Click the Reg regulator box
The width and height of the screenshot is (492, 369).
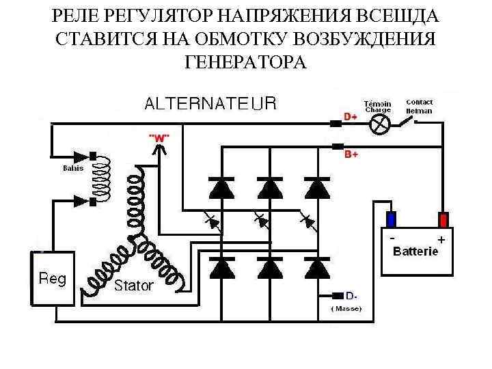tap(52, 278)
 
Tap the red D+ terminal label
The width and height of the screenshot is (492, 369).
tap(351, 117)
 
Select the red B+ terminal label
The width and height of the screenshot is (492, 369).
tap(351, 155)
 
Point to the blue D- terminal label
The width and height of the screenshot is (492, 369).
tap(351, 296)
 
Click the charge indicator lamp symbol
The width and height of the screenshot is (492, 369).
tap(381, 124)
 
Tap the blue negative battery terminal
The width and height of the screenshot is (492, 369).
tap(391, 219)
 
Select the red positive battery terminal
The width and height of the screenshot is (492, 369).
tap(443, 219)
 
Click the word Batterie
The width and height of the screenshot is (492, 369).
tap(416, 251)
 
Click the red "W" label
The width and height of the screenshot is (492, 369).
tap(159, 137)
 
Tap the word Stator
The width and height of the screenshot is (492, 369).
tap(133, 286)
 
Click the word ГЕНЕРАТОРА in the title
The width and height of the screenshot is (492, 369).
tap(245, 63)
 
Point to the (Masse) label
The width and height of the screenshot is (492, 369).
tap(346, 309)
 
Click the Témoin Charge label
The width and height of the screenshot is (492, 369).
tap(377, 105)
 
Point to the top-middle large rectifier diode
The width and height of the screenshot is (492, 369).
tap(269, 187)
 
